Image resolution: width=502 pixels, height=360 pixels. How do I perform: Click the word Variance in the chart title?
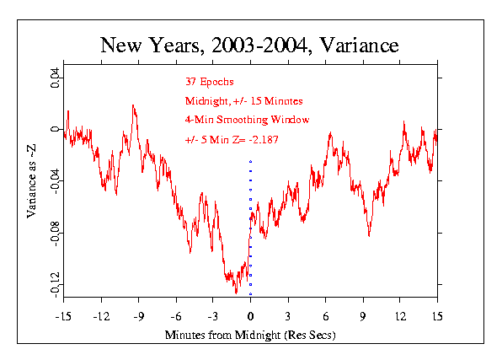(x=359, y=45)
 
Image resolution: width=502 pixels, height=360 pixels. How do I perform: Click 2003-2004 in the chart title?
(x=259, y=45)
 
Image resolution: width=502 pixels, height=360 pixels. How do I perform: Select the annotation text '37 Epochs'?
(x=210, y=82)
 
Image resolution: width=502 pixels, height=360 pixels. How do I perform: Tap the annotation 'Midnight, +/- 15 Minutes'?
(x=244, y=101)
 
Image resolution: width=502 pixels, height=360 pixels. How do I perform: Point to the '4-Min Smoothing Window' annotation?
(x=247, y=120)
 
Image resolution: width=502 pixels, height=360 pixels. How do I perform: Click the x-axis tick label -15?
(x=63, y=317)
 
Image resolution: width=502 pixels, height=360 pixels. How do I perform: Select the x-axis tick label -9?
(x=139, y=317)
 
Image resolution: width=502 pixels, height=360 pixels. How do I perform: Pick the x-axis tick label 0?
(x=250, y=317)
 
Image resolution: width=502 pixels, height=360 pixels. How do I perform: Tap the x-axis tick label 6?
(x=326, y=317)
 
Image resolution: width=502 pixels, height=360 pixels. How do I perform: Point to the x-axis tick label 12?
(x=400, y=317)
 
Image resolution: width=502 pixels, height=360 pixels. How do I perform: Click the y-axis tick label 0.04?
(x=55, y=78)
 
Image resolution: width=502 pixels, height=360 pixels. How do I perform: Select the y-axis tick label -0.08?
(x=55, y=234)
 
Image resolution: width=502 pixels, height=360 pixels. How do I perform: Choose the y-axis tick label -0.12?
(x=55, y=285)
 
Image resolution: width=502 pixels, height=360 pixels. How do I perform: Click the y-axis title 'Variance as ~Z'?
(x=31, y=181)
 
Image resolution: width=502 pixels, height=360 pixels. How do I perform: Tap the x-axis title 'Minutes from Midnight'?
(x=223, y=335)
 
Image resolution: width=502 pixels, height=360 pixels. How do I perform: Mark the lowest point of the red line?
(x=237, y=293)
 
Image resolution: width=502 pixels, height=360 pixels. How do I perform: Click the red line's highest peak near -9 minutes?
(x=133, y=105)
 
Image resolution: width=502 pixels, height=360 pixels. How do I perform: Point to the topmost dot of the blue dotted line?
(x=250, y=161)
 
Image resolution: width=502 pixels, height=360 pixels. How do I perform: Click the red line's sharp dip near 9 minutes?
(x=369, y=236)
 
